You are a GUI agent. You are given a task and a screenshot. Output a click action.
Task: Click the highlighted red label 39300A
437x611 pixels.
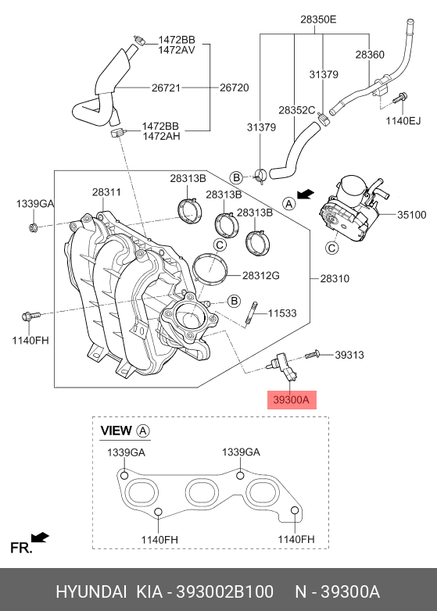coord(292,400)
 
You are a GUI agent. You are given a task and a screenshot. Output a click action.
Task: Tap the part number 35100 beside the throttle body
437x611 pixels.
coord(411,215)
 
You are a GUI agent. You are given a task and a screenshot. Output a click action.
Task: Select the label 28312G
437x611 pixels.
coord(261,276)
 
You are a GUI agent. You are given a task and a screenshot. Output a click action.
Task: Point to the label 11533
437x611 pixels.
coord(282,313)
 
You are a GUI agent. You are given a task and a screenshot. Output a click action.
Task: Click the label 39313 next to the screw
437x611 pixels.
coord(349,355)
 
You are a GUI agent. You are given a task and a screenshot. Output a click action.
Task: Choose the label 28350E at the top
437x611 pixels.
coord(318,20)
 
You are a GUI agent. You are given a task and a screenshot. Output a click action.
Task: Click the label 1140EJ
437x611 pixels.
coord(403,121)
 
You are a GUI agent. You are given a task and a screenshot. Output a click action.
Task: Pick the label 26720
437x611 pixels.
coord(234,88)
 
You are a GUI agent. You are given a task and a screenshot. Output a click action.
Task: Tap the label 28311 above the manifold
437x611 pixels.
coord(106,192)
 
